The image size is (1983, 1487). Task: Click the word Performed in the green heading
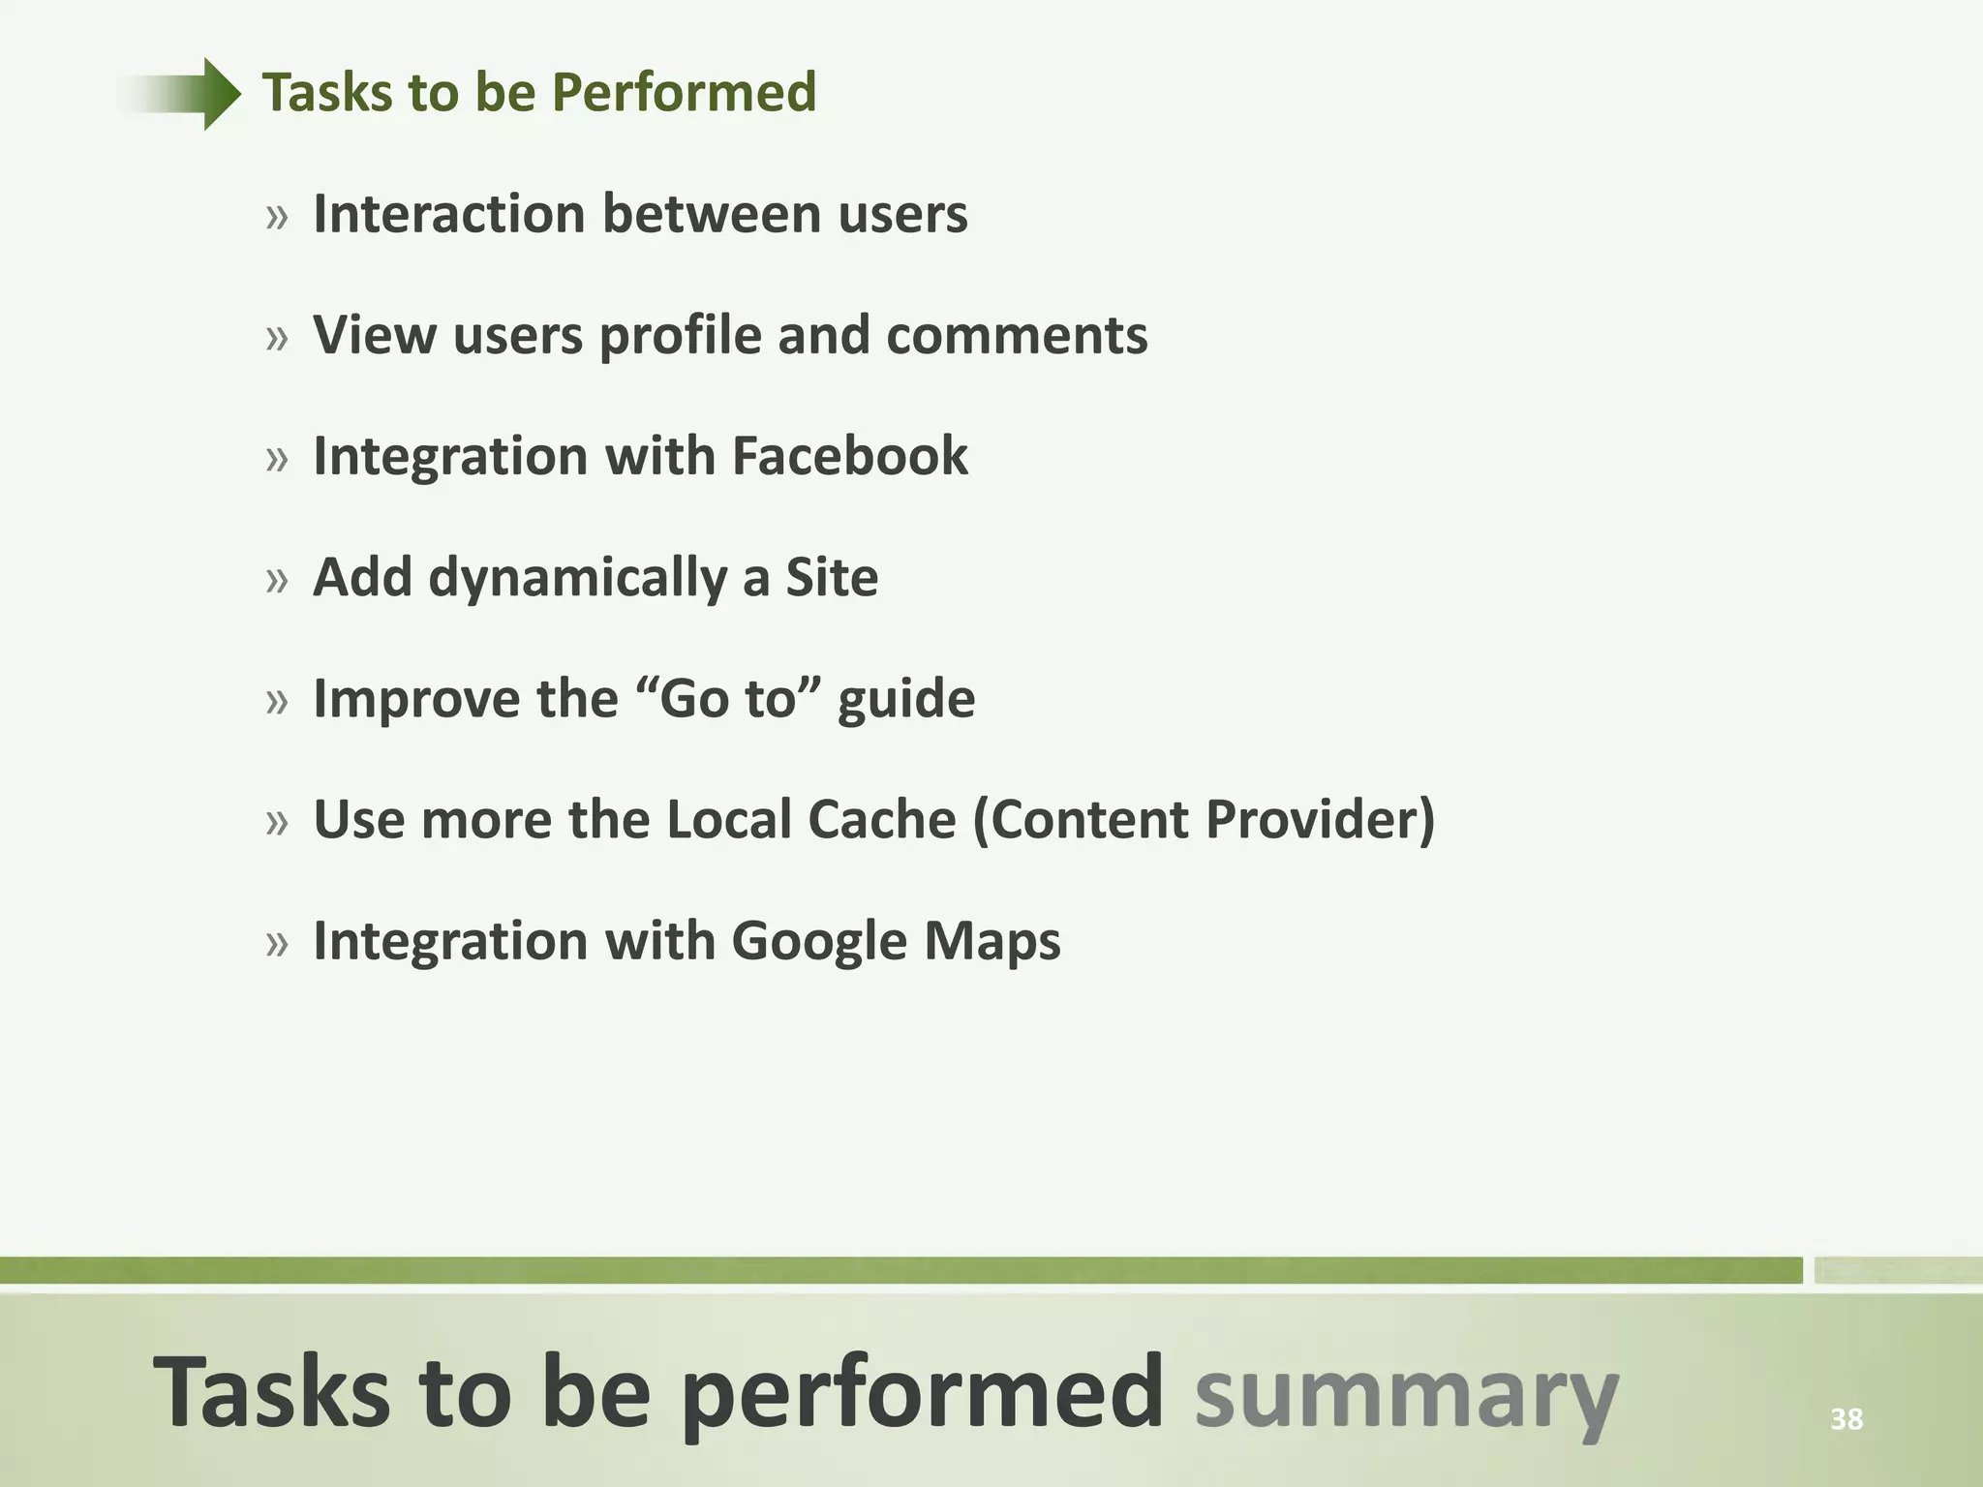[x=684, y=93]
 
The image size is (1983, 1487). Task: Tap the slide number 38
[x=1846, y=1419]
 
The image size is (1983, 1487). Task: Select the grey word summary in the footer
[x=1406, y=1394]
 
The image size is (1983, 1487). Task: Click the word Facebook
[x=849, y=456]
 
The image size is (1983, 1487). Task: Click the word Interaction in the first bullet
[x=448, y=214]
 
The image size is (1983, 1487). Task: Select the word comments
[x=1016, y=336]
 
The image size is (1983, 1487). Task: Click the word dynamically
[x=577, y=579]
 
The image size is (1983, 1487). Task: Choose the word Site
[x=831, y=578]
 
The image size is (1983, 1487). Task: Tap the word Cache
[x=881, y=820]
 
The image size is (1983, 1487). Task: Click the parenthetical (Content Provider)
[x=1204, y=820]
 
